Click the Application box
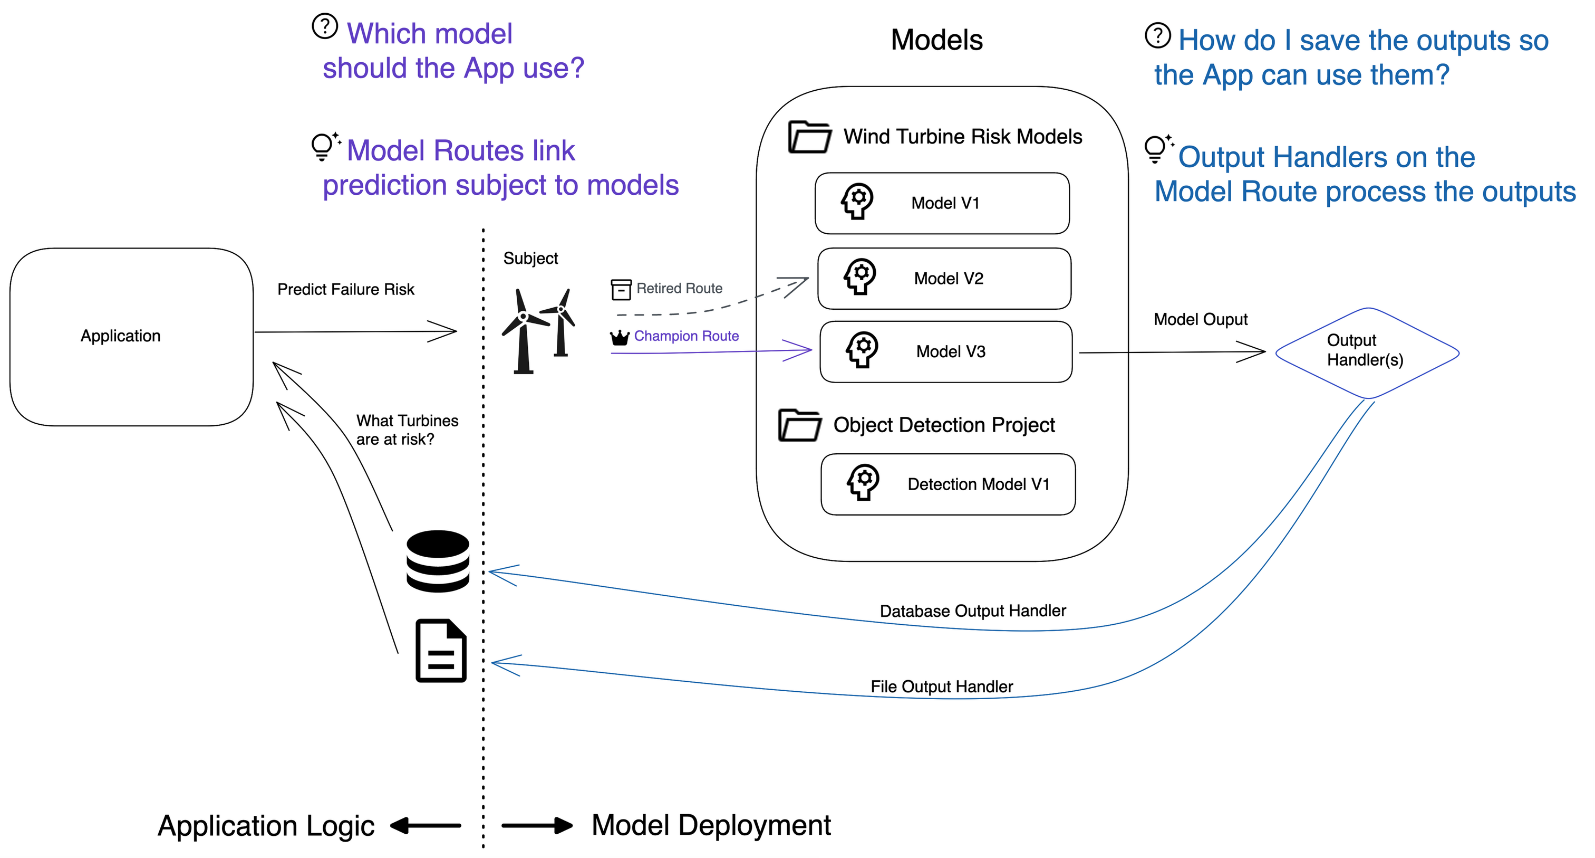point(131,336)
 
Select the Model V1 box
point(942,203)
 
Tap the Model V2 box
point(944,279)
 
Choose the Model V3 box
point(945,351)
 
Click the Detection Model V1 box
point(948,484)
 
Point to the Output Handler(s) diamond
point(1367,352)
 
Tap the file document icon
point(440,651)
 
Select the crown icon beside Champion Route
point(619,337)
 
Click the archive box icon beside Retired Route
point(621,289)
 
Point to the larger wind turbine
point(524,331)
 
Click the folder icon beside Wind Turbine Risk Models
point(809,137)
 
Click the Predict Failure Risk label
point(345,289)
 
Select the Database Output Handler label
point(972,611)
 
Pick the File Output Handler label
point(941,687)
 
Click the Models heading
point(936,40)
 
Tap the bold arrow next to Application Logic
point(426,825)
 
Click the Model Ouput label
point(1200,320)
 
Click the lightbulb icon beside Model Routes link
point(323,147)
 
